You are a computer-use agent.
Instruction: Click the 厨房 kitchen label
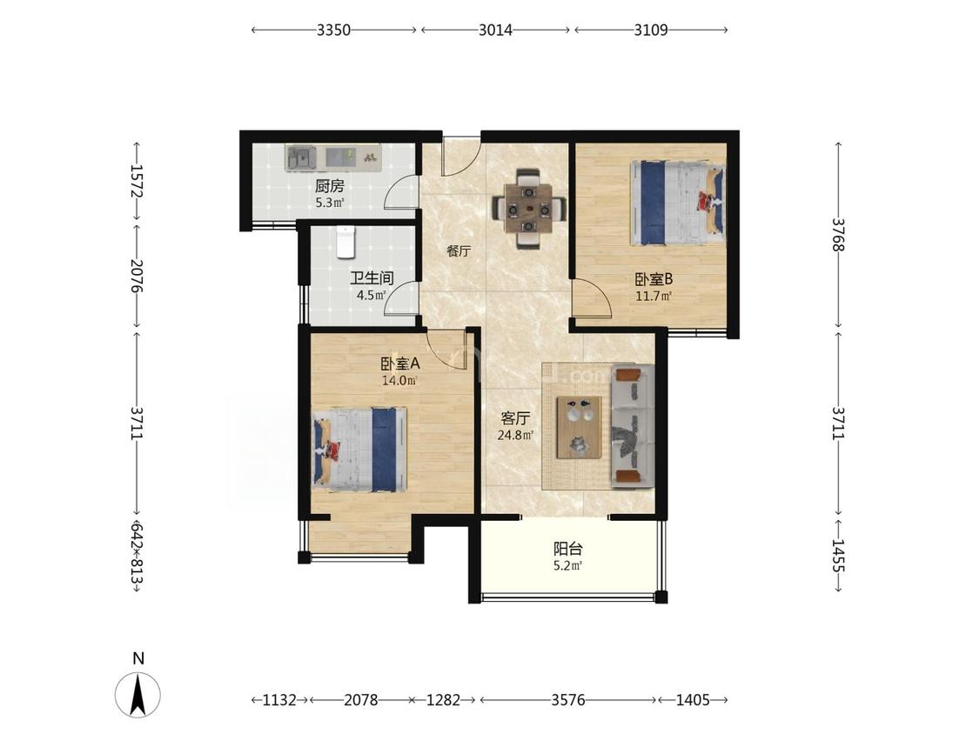(329, 185)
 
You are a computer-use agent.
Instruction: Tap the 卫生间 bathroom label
(372, 277)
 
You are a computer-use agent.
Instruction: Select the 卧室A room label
(400, 364)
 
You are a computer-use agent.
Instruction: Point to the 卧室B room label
(654, 279)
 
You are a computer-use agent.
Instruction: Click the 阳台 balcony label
(568, 549)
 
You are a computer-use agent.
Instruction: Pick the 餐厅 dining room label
(459, 251)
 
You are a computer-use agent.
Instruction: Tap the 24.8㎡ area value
(515, 435)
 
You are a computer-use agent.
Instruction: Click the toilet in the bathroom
(345, 242)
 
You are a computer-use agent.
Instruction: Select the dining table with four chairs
(529, 209)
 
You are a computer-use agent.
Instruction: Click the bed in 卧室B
(678, 203)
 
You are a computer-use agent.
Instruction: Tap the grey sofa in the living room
(632, 426)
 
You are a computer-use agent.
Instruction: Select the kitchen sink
(300, 157)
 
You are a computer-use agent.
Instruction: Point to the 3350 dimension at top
(333, 30)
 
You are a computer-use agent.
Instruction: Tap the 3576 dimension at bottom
(568, 700)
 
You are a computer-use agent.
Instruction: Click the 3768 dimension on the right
(838, 235)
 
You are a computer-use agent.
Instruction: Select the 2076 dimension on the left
(137, 275)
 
